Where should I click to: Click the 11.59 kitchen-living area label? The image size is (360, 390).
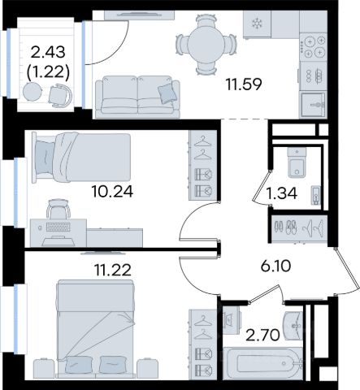point(244,84)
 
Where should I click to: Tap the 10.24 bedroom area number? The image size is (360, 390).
point(112,192)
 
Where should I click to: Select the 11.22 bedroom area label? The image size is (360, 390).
point(113,270)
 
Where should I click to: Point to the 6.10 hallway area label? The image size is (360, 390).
point(275,266)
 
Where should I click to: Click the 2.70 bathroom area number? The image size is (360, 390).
point(262,335)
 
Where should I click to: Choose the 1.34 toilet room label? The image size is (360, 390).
point(281,193)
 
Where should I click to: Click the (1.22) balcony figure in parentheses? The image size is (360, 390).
point(48,72)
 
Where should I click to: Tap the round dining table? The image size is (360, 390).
point(206,45)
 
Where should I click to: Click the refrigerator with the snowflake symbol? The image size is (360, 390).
point(257,24)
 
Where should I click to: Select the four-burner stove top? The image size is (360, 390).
point(314,46)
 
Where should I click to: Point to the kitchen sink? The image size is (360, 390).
point(314,105)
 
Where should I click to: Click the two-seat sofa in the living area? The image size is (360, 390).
point(137,97)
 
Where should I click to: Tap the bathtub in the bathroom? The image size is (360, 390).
point(262,363)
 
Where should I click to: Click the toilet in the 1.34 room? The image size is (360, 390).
point(297,162)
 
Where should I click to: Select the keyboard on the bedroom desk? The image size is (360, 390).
point(58,227)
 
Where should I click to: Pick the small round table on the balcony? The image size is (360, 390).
point(33,92)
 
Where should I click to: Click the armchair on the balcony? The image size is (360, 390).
point(60,96)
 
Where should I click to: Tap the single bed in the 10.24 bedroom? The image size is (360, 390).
point(81,158)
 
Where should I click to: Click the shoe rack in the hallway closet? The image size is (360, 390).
point(285,227)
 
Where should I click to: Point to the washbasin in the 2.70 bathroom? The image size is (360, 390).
point(293,325)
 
